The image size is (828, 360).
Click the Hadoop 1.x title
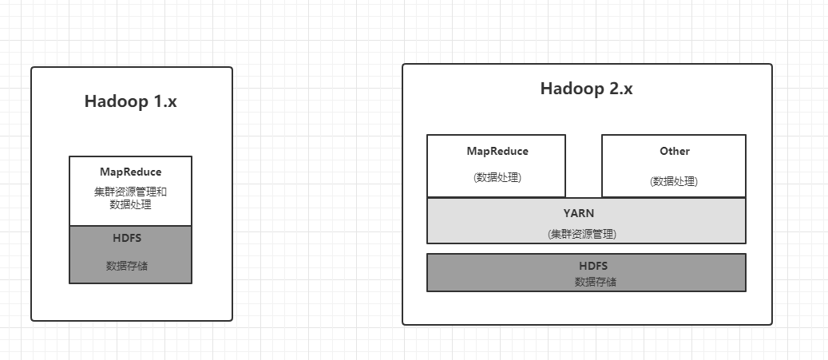130,102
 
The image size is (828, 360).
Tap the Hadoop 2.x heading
586,89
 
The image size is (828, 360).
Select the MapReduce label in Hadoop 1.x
130,172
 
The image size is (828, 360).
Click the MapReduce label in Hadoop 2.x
497,151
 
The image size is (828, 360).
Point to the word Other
674,151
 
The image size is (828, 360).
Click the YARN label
586,213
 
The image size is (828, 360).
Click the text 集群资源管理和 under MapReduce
130,192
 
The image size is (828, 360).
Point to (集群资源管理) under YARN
586,234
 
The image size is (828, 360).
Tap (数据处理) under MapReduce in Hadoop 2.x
497,177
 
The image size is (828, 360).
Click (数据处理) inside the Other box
674,181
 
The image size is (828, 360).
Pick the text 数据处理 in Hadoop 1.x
130,204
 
